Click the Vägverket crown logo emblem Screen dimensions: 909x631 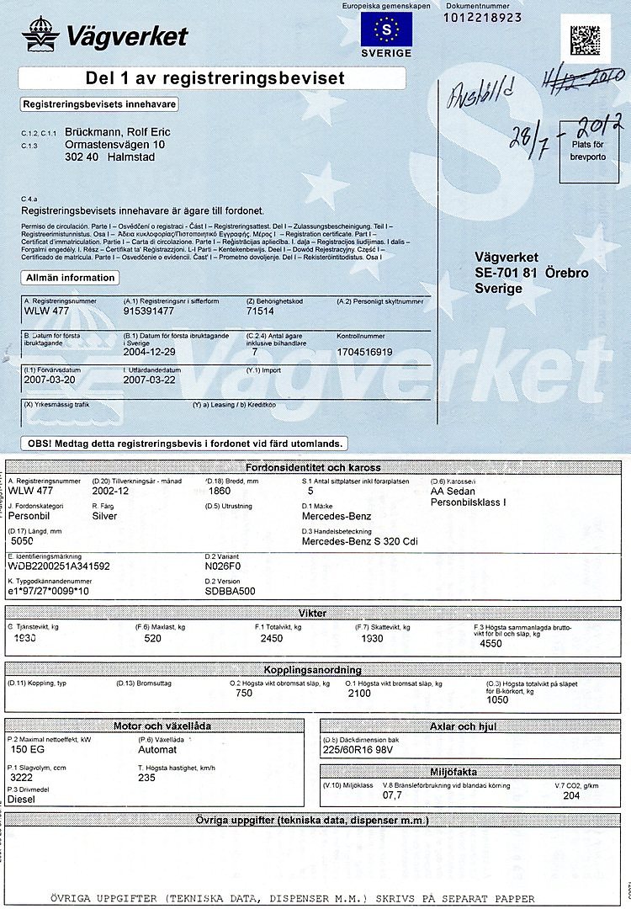tap(40, 35)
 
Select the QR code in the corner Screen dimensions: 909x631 tap(586, 39)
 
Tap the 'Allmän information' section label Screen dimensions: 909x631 tap(70, 278)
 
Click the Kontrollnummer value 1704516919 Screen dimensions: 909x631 tap(364, 352)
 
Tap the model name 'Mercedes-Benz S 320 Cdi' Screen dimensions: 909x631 tap(359, 541)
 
